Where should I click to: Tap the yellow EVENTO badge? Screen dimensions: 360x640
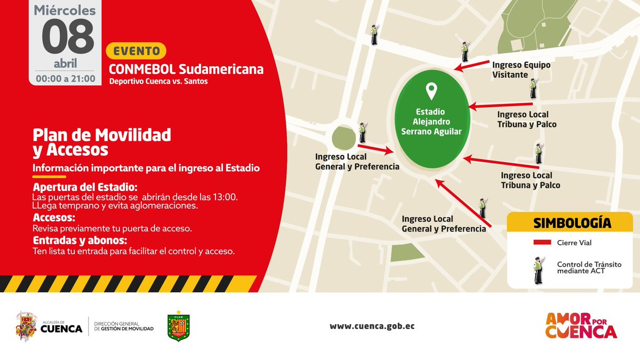137,51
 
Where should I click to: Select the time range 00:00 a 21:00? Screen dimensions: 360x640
65,78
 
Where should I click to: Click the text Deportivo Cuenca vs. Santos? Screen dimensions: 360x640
158,82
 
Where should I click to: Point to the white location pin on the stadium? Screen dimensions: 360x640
431,91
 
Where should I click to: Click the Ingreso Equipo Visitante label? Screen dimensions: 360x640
521,69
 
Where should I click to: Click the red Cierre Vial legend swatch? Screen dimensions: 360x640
542,243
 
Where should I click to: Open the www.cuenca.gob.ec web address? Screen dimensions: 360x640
372,326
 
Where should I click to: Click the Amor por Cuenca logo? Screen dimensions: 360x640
581,325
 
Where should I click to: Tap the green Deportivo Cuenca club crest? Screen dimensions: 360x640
179,326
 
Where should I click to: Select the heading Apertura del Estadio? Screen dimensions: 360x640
85,188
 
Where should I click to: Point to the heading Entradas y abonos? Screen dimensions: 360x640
79,240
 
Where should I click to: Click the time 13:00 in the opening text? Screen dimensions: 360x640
225,197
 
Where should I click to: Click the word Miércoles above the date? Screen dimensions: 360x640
65,11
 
